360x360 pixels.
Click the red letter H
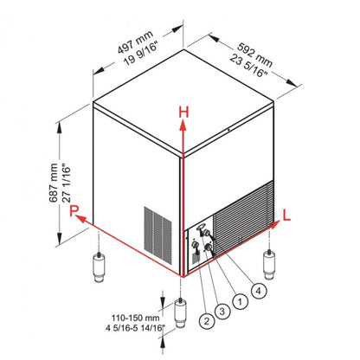pos(183,111)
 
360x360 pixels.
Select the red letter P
pos(75,210)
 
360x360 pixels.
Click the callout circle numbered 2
pos(205,322)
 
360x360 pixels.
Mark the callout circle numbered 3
pos(223,312)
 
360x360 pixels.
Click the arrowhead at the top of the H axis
pos(182,123)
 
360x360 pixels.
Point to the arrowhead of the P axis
pos(78,221)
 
